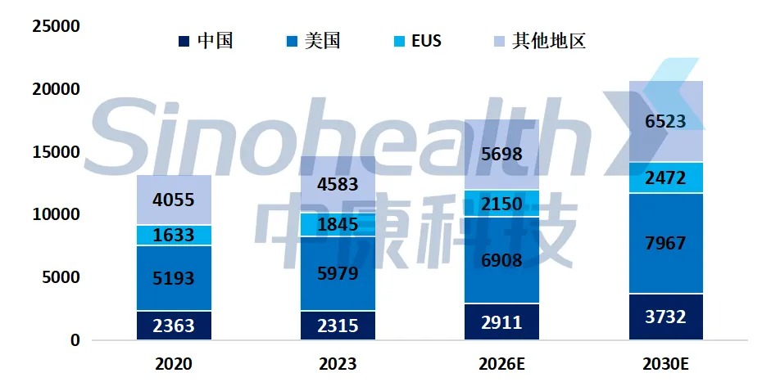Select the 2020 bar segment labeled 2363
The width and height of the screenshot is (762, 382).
(174, 326)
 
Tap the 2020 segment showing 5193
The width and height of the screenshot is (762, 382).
(174, 278)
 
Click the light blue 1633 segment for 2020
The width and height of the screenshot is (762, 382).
(174, 236)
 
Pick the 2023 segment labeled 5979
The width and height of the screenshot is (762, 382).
(338, 273)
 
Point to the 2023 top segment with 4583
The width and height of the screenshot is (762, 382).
(338, 184)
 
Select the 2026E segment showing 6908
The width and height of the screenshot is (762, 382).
(501, 260)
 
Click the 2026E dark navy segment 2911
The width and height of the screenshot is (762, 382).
(501, 321)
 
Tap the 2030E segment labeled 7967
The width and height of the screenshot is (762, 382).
(665, 243)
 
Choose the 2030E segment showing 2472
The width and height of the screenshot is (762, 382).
(665, 178)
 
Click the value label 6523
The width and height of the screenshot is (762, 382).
(665, 123)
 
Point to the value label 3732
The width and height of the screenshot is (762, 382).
(665, 317)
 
